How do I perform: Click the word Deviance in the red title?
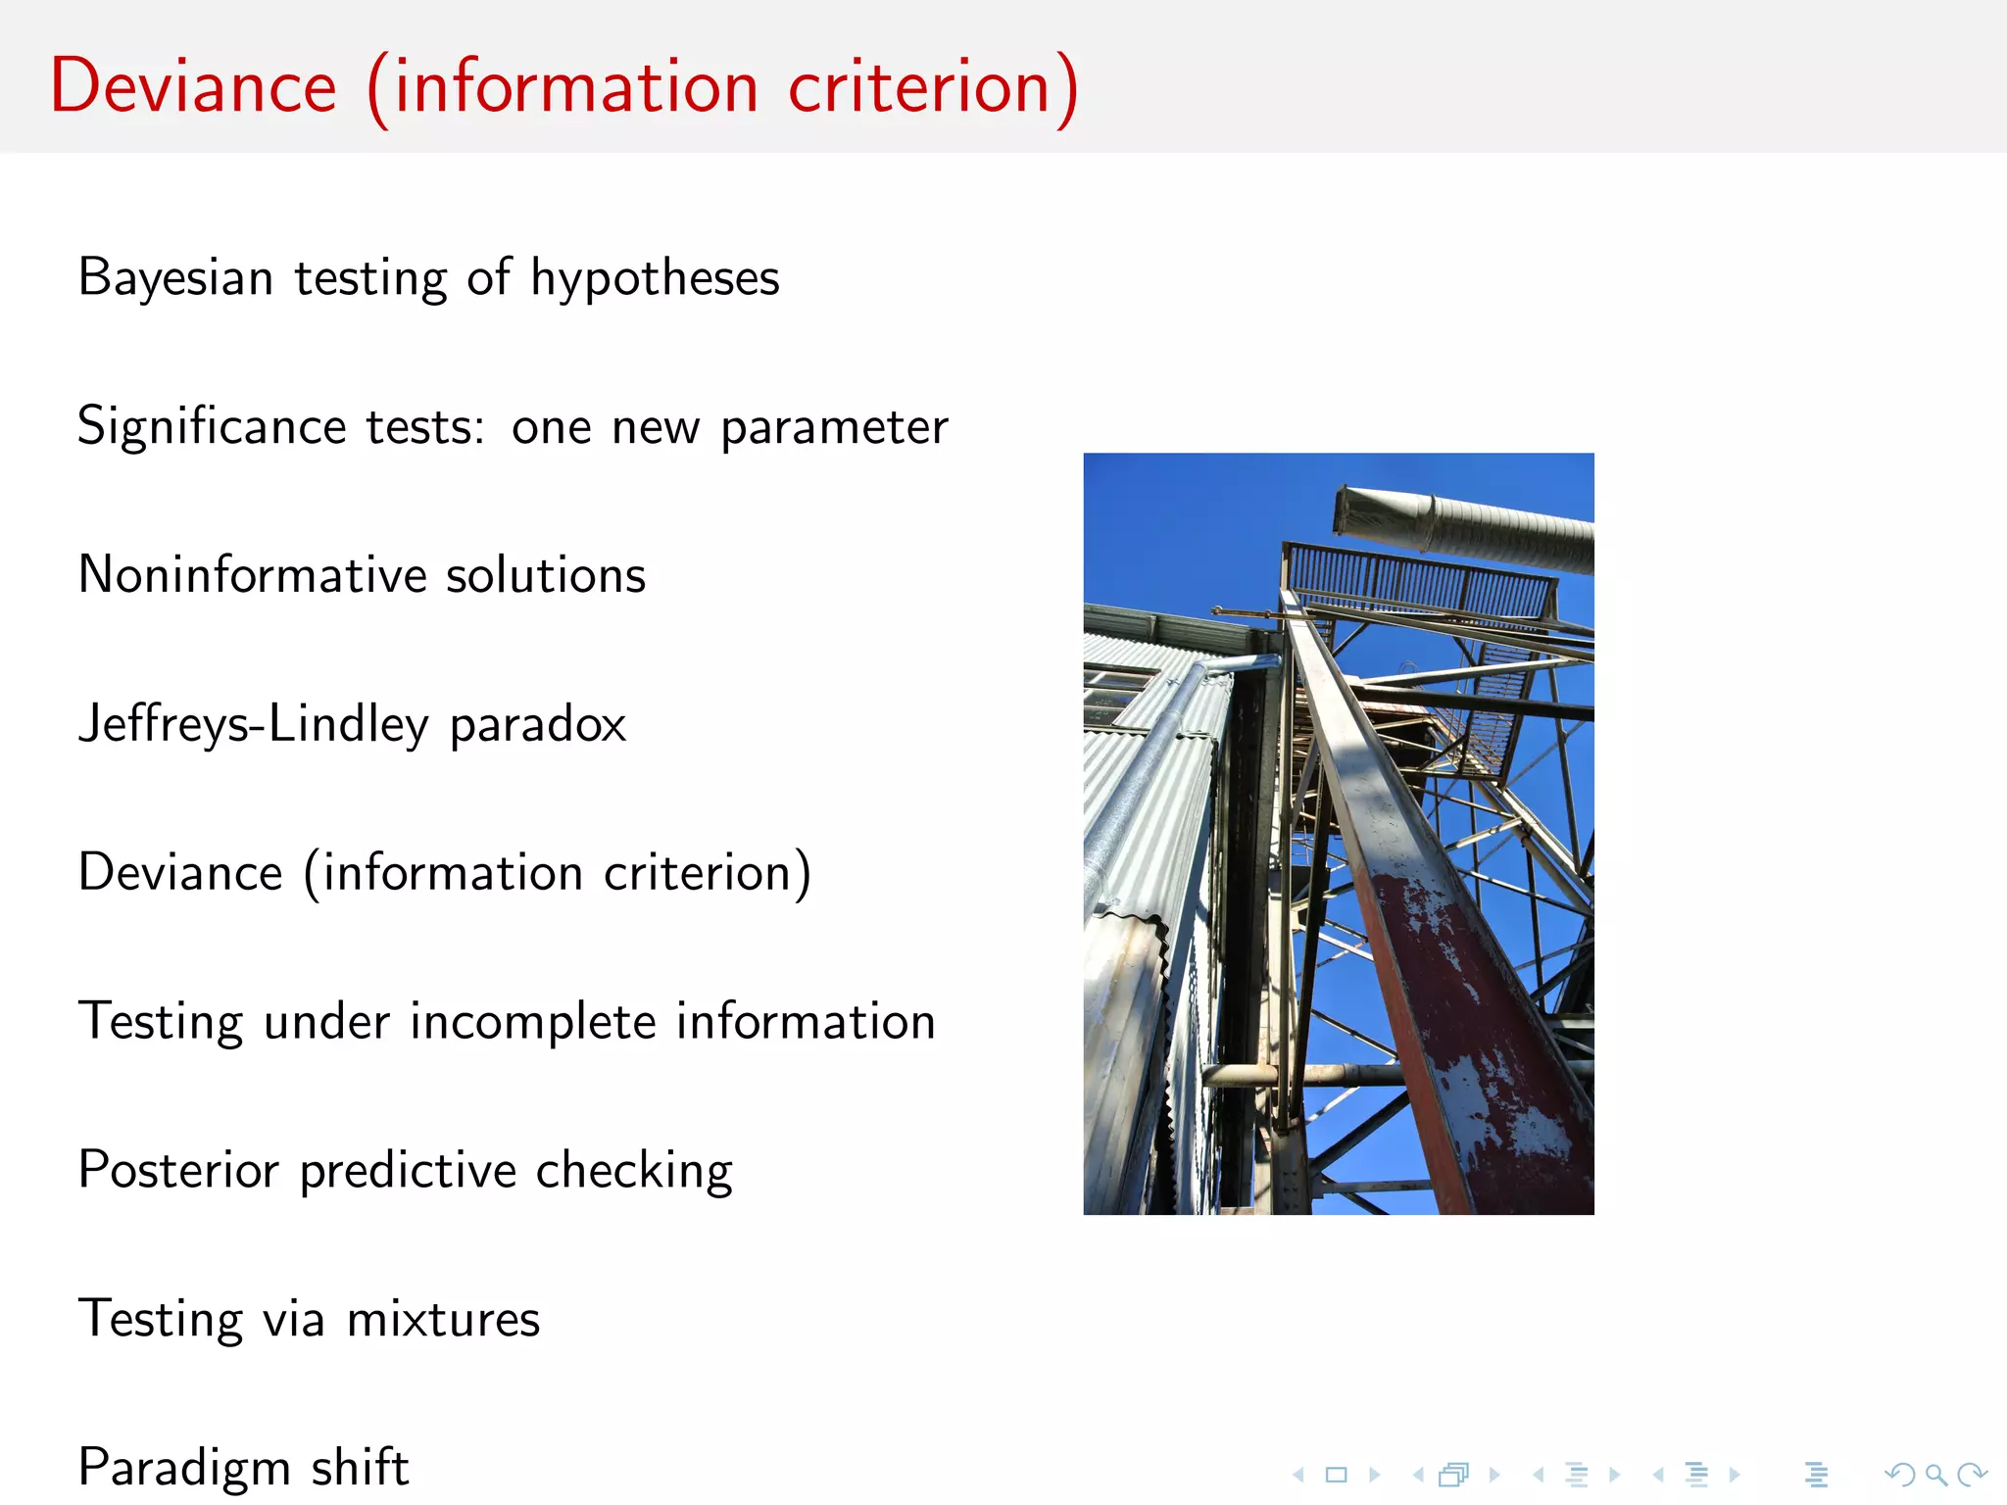pyautogui.click(x=193, y=86)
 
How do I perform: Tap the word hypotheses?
pyautogui.click(x=655, y=278)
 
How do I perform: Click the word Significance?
pyautogui.click(x=212, y=427)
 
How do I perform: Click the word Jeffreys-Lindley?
pyautogui.click(x=253, y=725)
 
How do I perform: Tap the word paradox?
pyautogui.click(x=537, y=726)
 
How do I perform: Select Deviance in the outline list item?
pyautogui.click(x=180, y=873)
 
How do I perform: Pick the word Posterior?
pyautogui.click(x=178, y=1170)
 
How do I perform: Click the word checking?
pyautogui.click(x=634, y=1171)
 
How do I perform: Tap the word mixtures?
pyautogui.click(x=443, y=1320)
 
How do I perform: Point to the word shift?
pyautogui.click(x=359, y=1468)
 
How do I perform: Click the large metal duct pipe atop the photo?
pyautogui.click(x=1470, y=529)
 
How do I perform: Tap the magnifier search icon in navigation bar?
pyautogui.click(x=1934, y=1475)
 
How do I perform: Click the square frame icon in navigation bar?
pyautogui.click(x=1336, y=1475)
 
